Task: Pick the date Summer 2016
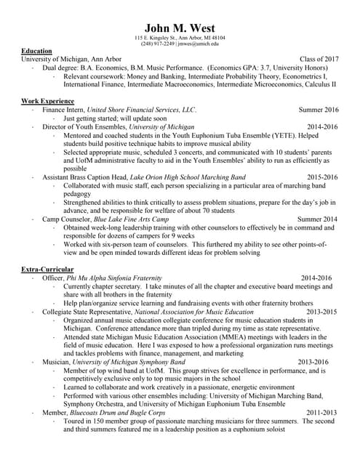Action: click(x=319, y=110)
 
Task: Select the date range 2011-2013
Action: click(x=322, y=412)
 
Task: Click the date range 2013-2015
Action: click(x=322, y=310)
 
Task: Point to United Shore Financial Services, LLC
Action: click(x=142, y=110)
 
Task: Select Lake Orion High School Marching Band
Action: click(x=188, y=177)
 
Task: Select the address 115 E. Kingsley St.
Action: click(x=157, y=37)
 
